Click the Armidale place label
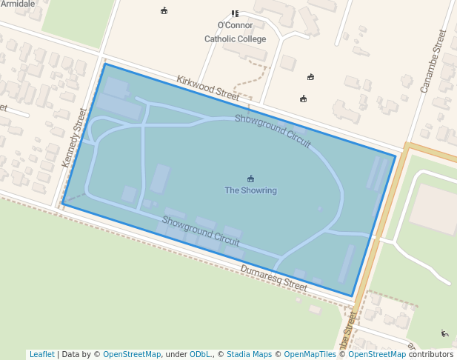18,4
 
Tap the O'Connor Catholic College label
235,32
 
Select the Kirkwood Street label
207,87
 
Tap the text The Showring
250,190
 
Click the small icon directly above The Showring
250,179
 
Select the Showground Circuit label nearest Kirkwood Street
273,131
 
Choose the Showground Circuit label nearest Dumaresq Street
200,230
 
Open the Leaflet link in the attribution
41,354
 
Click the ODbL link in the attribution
200,354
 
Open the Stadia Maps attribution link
249,354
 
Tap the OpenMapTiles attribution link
310,354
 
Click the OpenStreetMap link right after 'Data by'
132,354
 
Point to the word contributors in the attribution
431,354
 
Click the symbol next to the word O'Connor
235,13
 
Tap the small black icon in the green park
444,333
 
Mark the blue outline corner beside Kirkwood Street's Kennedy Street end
104,64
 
